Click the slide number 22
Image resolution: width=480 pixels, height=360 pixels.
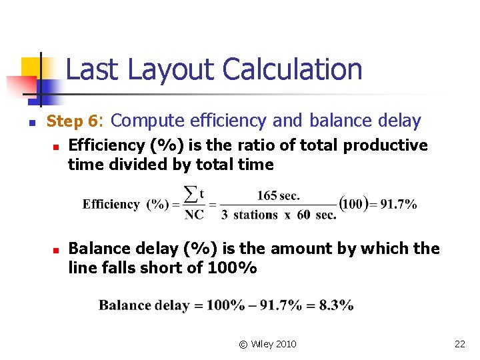click(x=459, y=344)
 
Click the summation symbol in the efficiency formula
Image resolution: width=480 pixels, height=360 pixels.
click(x=192, y=194)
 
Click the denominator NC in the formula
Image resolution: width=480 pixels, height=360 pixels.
click(x=194, y=215)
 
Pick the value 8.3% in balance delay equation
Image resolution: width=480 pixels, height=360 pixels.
click(x=336, y=305)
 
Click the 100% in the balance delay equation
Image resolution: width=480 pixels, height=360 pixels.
click(x=225, y=305)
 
